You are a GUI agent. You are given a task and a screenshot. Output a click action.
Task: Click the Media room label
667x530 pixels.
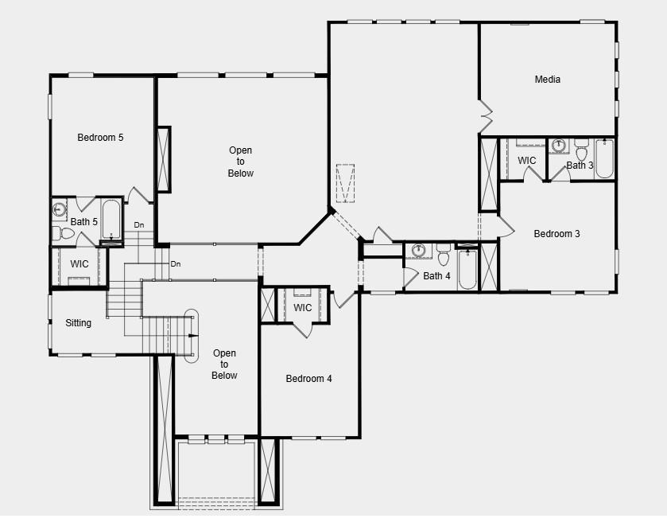[x=547, y=80]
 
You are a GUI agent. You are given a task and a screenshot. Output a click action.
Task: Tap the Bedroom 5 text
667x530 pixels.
[x=100, y=138]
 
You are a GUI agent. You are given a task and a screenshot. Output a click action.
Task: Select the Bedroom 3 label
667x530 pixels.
[x=556, y=234]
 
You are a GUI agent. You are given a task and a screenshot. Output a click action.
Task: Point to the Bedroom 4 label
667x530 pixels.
[x=308, y=379]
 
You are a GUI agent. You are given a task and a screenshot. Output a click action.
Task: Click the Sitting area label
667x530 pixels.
[x=78, y=323]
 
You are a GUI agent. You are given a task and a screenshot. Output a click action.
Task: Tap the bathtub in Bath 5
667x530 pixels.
[x=111, y=219]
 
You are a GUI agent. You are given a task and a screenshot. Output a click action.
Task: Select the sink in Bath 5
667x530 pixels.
[x=60, y=210]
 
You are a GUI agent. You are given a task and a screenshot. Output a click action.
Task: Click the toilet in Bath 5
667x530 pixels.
[x=64, y=234]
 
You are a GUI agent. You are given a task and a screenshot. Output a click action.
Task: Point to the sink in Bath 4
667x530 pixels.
[x=419, y=251]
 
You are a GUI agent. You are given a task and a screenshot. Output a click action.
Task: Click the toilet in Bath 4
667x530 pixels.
[x=444, y=256]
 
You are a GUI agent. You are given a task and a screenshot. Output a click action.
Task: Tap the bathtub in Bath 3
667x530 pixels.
[x=604, y=158]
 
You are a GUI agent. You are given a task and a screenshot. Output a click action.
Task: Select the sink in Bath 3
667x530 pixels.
[x=559, y=146]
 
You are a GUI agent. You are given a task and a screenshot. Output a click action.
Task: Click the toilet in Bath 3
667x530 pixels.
[x=582, y=150]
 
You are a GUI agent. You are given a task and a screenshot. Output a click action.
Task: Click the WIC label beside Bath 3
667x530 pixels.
[x=527, y=161]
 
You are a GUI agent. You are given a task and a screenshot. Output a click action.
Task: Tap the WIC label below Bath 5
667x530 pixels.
[x=79, y=264]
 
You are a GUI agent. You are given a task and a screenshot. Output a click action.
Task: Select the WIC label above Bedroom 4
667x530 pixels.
[x=303, y=308]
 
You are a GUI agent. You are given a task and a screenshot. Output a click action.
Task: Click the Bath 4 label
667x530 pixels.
[x=436, y=276]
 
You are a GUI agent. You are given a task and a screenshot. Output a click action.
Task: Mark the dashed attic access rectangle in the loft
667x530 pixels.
[x=344, y=184]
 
